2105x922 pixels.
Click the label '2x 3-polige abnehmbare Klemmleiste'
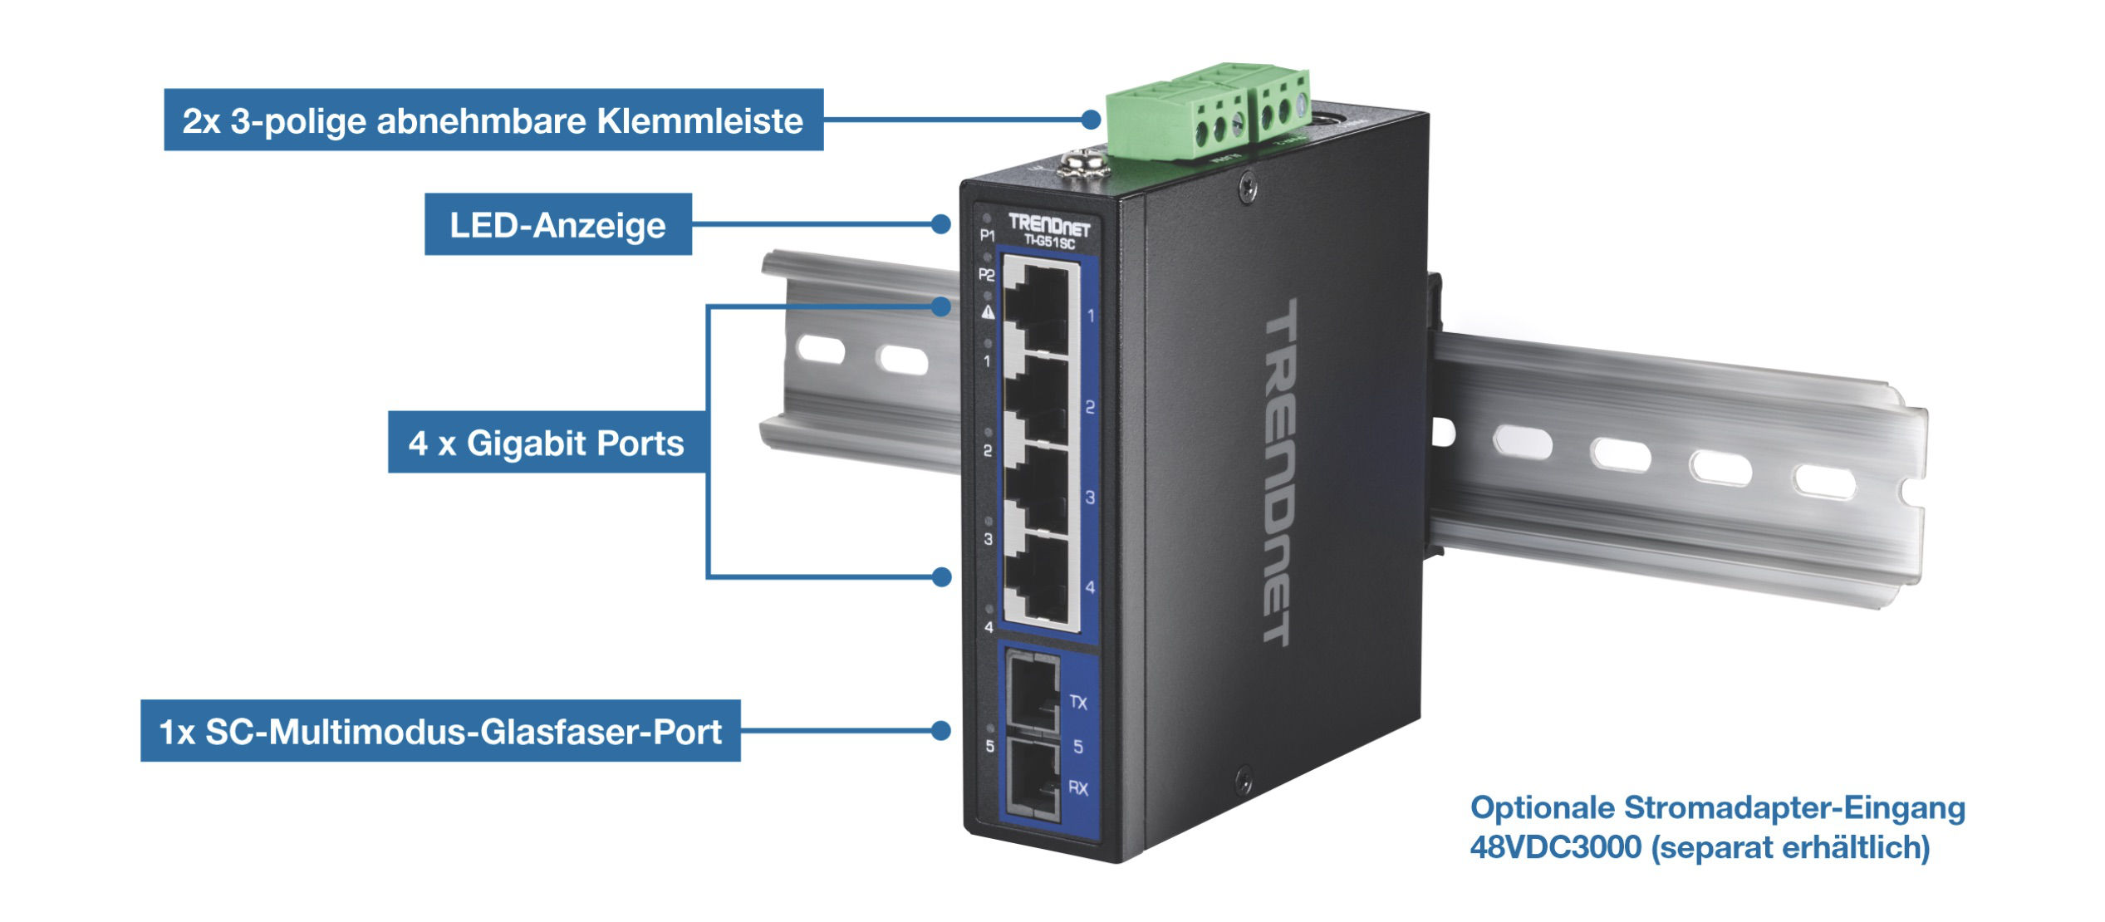coord(493,120)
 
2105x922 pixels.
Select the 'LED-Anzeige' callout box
coord(558,224)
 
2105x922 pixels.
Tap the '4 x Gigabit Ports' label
coord(547,443)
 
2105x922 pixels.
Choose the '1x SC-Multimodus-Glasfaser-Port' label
coord(440,731)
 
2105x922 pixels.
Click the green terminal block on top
coord(1208,111)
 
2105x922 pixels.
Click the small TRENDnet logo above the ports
coord(1049,224)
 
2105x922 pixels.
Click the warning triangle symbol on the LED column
coord(988,311)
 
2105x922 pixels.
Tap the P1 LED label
coord(987,235)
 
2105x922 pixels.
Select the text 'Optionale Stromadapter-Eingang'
coord(1718,807)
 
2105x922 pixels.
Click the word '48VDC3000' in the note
coord(1556,847)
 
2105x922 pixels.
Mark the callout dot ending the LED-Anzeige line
coord(940,224)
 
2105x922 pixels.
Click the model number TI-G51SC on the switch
coord(1049,243)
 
